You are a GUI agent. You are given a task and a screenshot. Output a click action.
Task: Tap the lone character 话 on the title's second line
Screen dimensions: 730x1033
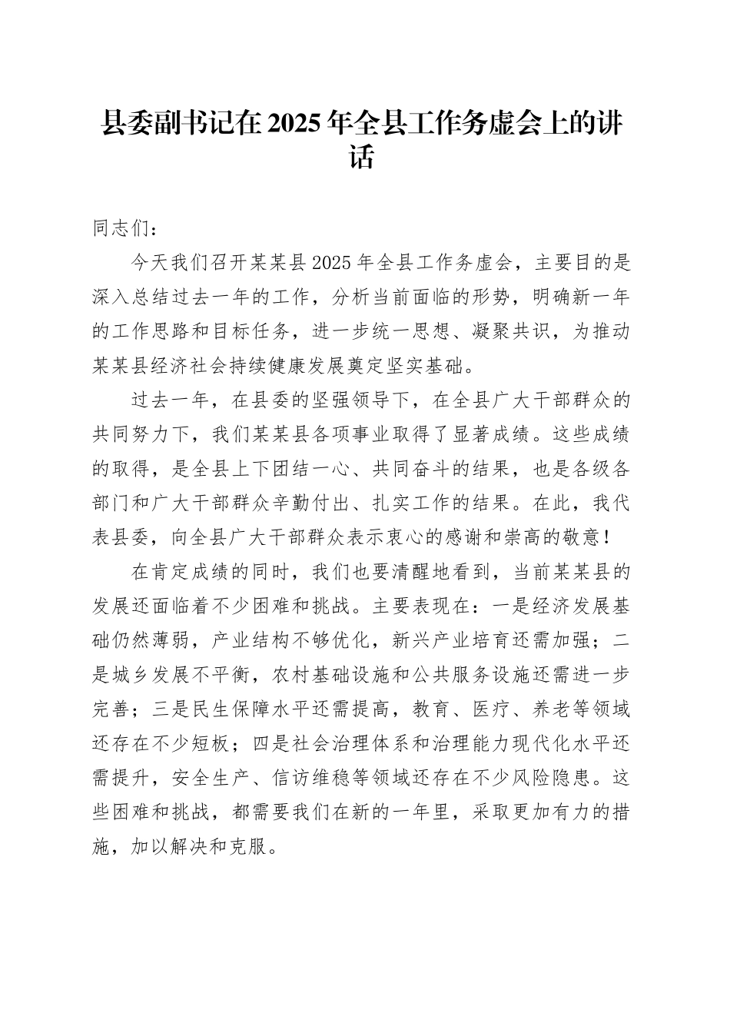364,158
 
